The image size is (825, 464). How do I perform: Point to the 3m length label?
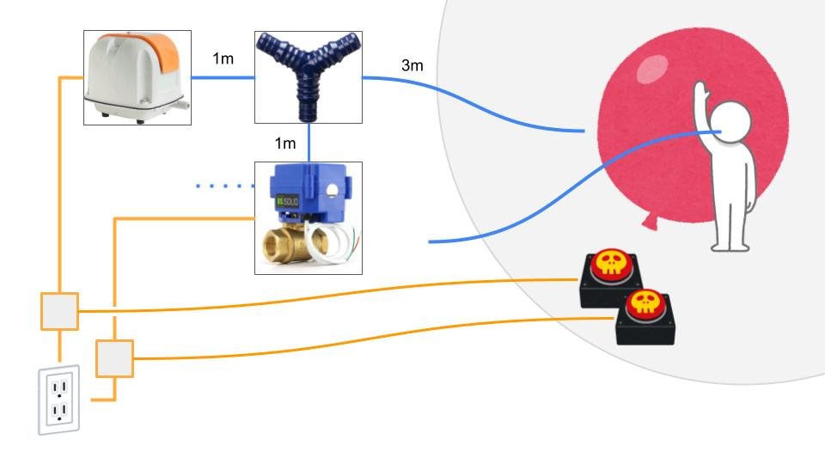point(412,65)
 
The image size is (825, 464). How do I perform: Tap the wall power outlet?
point(58,400)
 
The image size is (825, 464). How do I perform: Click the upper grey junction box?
point(59,310)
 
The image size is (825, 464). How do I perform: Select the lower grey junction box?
point(114,358)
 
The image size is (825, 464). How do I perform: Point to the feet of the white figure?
point(730,246)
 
